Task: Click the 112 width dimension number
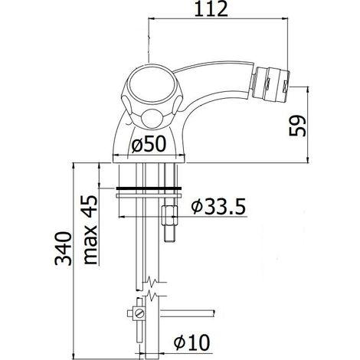211,9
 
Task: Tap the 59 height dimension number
297,126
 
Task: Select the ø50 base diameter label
149,144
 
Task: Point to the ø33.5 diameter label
218,206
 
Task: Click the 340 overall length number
64,248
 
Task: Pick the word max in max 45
90,245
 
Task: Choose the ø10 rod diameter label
191,342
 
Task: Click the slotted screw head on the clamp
139,313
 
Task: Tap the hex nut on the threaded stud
169,216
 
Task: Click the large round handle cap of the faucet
149,86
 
